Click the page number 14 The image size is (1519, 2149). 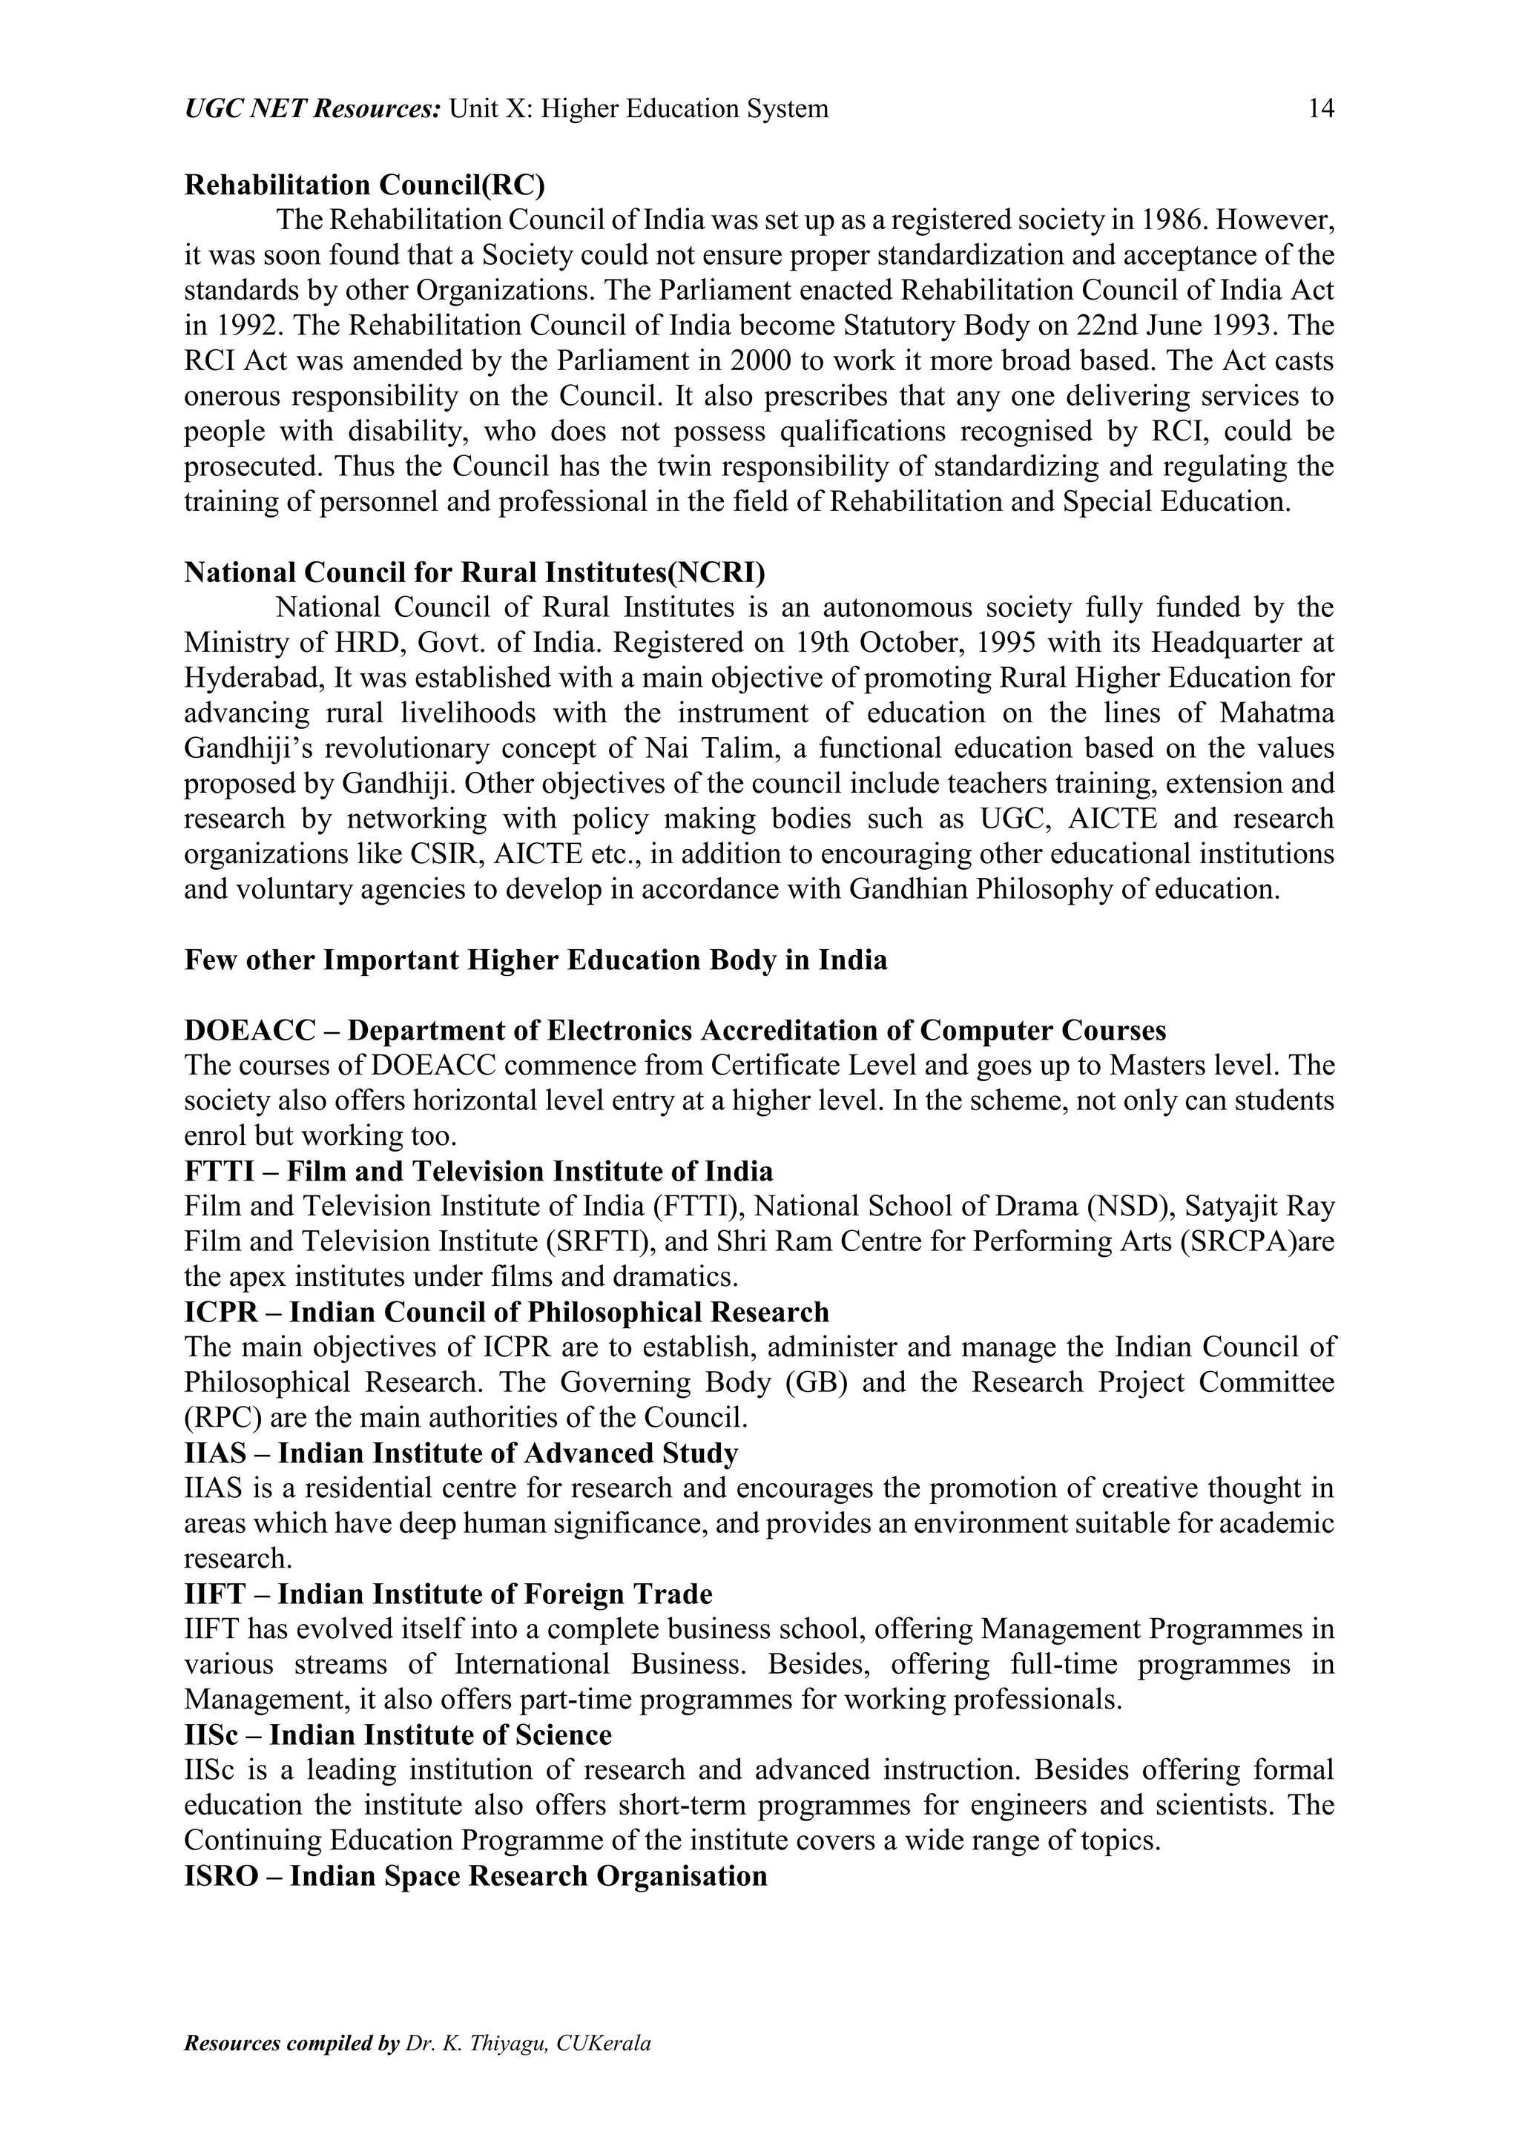[x=1320, y=110]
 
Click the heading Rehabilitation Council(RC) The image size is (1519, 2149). [x=363, y=185]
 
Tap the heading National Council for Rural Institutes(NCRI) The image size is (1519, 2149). [x=475, y=572]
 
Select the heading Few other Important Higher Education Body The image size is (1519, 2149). [x=536, y=960]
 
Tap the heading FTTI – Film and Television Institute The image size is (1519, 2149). [x=478, y=1171]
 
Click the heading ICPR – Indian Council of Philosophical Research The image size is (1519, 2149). [x=507, y=1313]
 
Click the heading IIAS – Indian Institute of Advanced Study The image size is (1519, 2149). [x=461, y=1453]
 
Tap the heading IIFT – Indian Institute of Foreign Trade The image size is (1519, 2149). [x=448, y=1594]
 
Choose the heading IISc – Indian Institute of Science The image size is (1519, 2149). [x=398, y=1735]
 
